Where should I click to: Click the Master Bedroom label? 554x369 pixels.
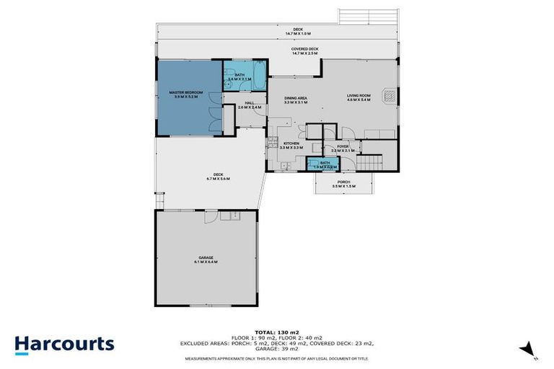tap(186, 92)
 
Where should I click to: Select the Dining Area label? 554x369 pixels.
tap(296, 98)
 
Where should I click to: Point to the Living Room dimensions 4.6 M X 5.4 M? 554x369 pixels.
tap(359, 100)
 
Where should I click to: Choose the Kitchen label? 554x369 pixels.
tap(291, 143)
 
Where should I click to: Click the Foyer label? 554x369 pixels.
tap(343, 146)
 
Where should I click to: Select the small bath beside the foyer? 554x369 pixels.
tap(325, 164)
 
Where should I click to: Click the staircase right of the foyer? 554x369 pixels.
tap(372, 161)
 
